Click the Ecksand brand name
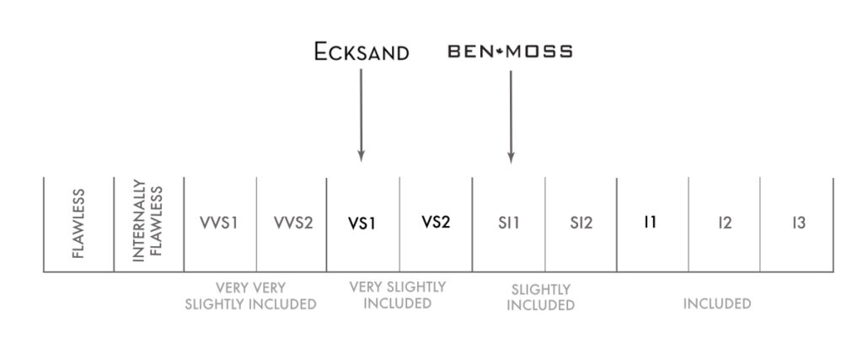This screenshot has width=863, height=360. pos(361,52)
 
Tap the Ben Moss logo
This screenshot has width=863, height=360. pos(510,51)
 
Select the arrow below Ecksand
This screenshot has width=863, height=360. pos(361,114)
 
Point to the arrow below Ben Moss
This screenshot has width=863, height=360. pos(511,114)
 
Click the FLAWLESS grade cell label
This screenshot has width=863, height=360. pos(78,224)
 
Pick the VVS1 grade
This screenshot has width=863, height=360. pos(220,223)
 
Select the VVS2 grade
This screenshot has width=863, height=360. pos(292,223)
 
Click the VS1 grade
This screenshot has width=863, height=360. pos(362,224)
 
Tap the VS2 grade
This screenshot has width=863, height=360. pos(436,223)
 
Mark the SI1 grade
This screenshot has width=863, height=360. pos(509,223)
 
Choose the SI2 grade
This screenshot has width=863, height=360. pos(581,223)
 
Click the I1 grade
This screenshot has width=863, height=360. pos(650,223)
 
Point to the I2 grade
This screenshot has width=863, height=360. pos(724,223)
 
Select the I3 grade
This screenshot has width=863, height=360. pos(798,223)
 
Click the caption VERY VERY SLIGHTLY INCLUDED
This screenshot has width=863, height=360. pos(250,296)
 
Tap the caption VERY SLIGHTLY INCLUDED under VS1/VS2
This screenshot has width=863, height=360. pos(397,295)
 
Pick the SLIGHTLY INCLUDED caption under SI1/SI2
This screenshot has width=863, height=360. pos(540,297)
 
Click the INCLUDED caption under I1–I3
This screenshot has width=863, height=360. pos(716,304)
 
